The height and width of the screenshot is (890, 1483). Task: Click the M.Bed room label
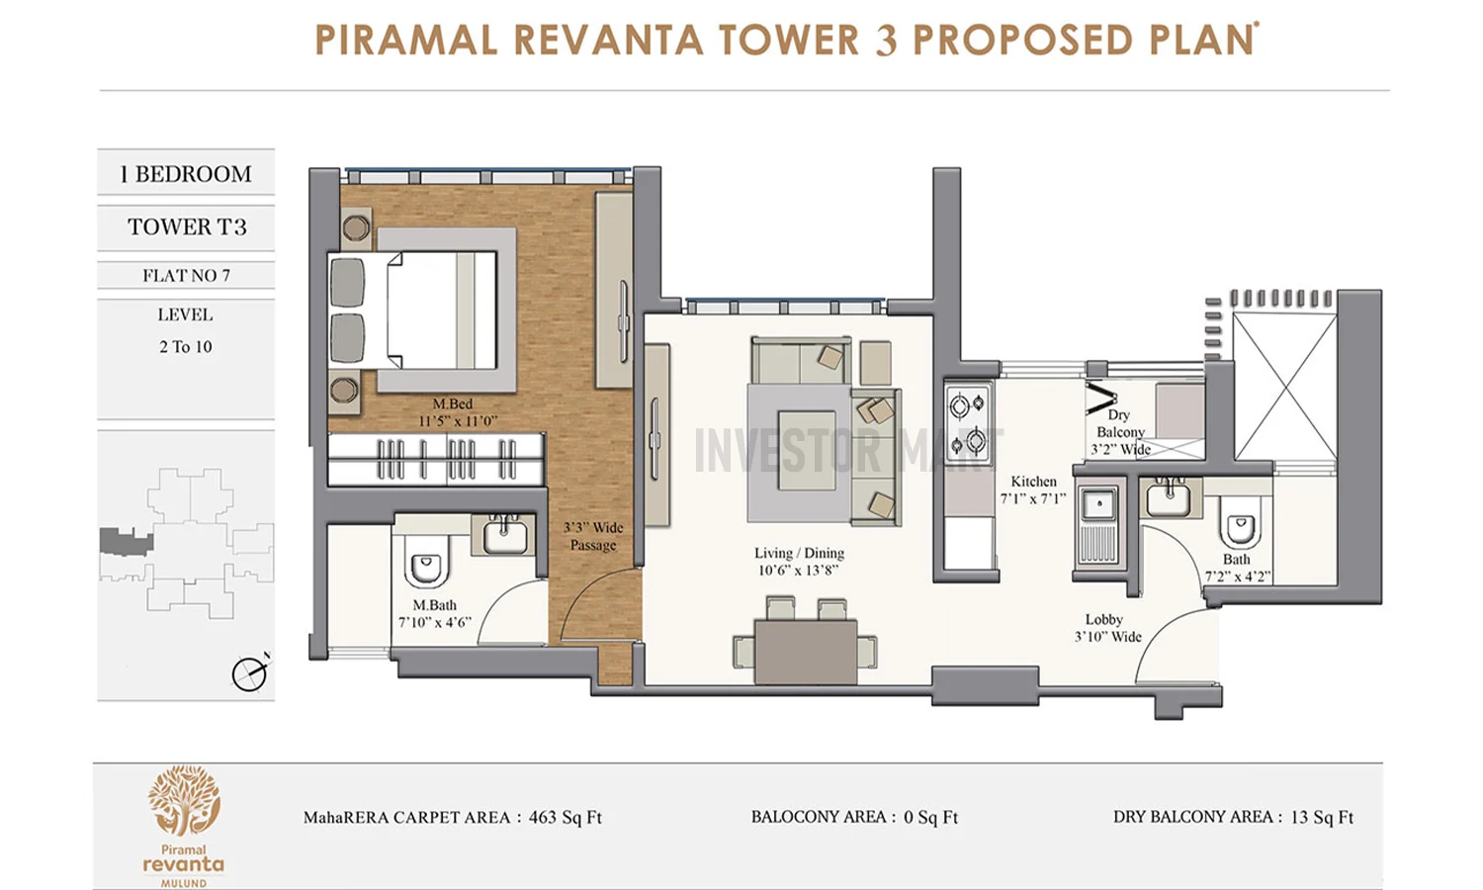pos(453,403)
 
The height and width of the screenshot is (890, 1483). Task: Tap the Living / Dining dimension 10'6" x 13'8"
pos(798,571)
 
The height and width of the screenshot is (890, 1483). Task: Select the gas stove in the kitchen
pos(967,422)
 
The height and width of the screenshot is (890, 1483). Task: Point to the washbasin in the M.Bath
pos(505,535)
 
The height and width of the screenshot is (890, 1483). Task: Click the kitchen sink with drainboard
pos(1097,525)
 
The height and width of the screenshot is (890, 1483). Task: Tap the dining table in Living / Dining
pos(805,650)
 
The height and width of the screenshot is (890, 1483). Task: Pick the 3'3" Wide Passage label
pos(592,536)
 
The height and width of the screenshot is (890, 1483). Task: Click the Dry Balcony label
pos(1119,431)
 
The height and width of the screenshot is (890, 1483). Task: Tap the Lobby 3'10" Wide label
pos(1106,628)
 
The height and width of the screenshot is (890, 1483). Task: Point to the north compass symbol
pos(249,673)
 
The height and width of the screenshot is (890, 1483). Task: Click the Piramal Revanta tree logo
pos(184,801)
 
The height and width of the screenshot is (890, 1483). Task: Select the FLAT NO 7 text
pos(186,276)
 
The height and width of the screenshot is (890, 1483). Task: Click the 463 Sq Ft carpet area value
pos(565,818)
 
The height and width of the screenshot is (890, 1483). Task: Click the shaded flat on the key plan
pos(125,542)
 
